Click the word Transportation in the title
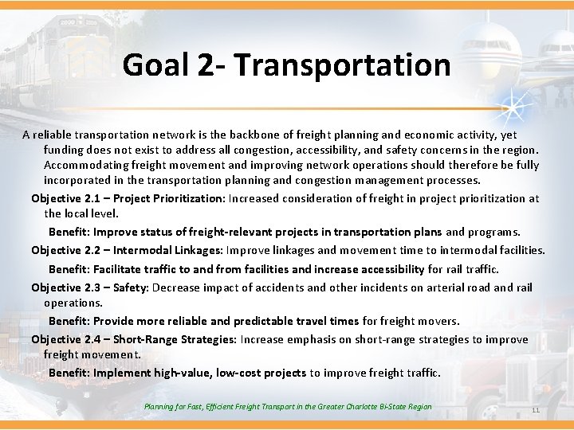click(x=343, y=64)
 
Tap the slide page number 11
click(x=535, y=410)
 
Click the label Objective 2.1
click(x=67, y=198)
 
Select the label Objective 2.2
click(x=67, y=250)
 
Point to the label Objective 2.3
click(x=67, y=287)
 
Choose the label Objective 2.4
click(x=67, y=339)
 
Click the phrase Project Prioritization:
click(x=171, y=198)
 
